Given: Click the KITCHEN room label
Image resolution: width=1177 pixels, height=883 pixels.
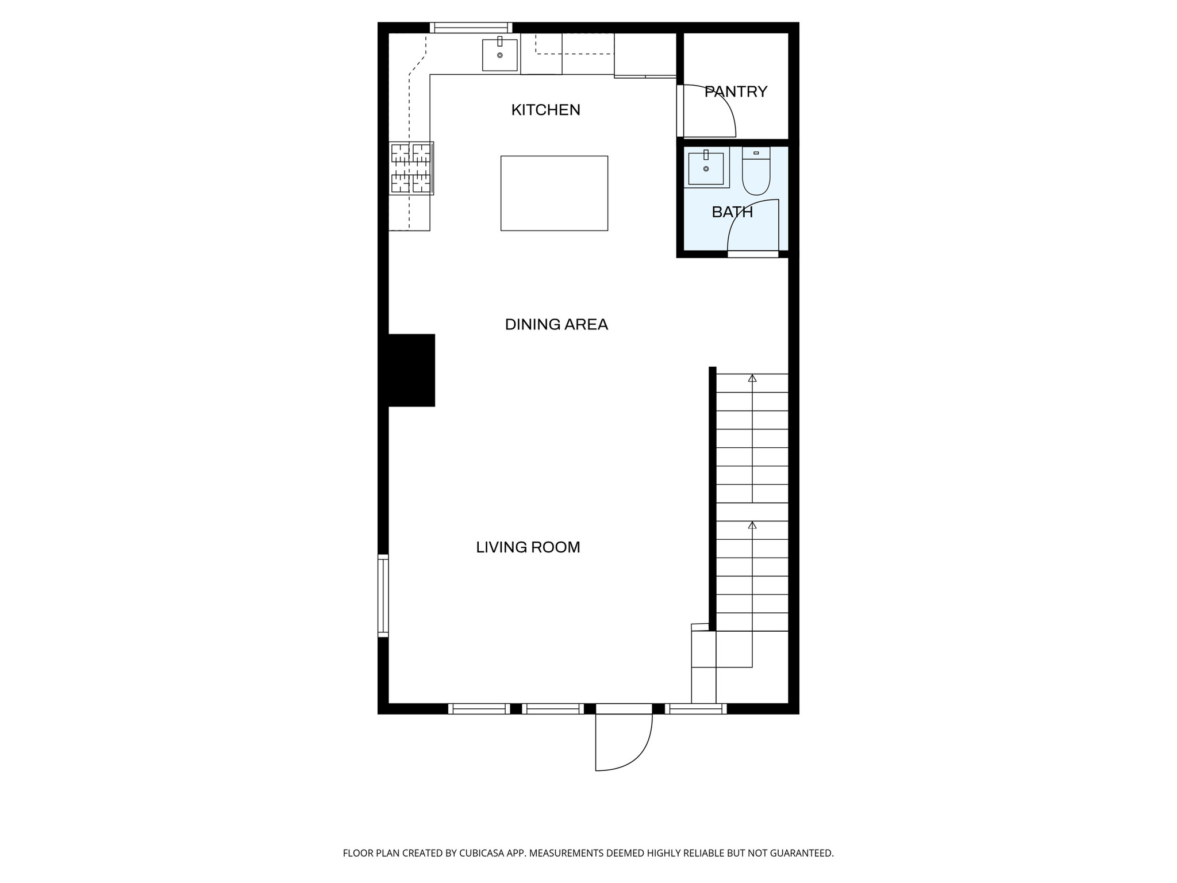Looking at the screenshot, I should [545, 110].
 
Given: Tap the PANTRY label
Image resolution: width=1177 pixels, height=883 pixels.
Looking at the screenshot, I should [736, 92].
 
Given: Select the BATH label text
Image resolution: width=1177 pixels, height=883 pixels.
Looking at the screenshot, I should [732, 212].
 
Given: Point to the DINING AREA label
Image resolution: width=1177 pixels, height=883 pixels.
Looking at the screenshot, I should [556, 325].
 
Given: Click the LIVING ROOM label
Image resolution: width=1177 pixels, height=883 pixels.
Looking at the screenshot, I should [528, 547].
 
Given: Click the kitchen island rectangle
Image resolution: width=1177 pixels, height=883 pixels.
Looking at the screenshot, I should [554, 193].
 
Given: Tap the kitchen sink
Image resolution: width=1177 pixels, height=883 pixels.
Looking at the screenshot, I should [499, 55].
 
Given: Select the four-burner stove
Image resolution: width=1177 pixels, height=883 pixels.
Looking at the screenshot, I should [411, 168].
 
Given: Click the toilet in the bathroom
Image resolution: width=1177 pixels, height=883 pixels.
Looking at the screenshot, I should [756, 171].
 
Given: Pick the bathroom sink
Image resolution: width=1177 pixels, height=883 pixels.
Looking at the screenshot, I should [706, 168].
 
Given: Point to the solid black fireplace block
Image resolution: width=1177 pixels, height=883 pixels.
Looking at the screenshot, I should [411, 370].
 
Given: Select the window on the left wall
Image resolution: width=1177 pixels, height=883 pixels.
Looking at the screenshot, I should [383, 596].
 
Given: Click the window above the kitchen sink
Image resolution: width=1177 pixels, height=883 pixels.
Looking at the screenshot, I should [471, 28].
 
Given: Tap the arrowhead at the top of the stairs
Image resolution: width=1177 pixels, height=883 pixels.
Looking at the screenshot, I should [752, 378].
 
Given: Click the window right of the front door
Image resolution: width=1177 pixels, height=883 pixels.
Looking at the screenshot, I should [695, 709].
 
